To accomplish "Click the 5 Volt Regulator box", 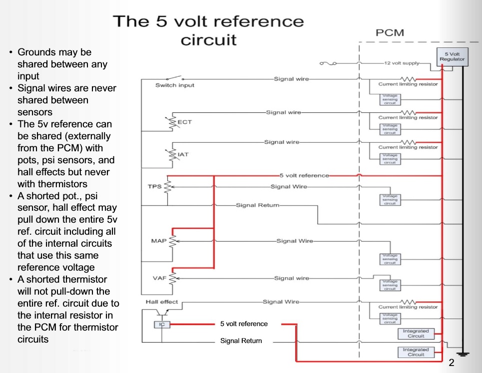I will (x=452, y=56).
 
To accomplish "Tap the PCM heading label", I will (x=390, y=33).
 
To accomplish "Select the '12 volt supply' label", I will (x=401, y=64).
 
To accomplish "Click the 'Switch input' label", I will (x=175, y=85).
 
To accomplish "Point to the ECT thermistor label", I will (x=185, y=122).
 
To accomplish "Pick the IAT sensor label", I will (x=183, y=154).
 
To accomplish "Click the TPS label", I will (x=154, y=186).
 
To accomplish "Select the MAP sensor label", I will (x=158, y=241).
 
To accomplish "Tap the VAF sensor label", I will (x=159, y=278).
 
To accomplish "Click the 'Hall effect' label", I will (x=161, y=302).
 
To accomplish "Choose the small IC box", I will (x=162, y=324).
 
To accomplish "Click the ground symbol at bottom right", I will (x=463, y=354).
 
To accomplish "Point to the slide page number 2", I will (x=452, y=363).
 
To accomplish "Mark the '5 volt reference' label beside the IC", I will (x=244, y=324).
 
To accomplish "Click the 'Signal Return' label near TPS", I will (x=257, y=205).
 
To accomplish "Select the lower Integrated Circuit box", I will (x=416, y=352).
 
